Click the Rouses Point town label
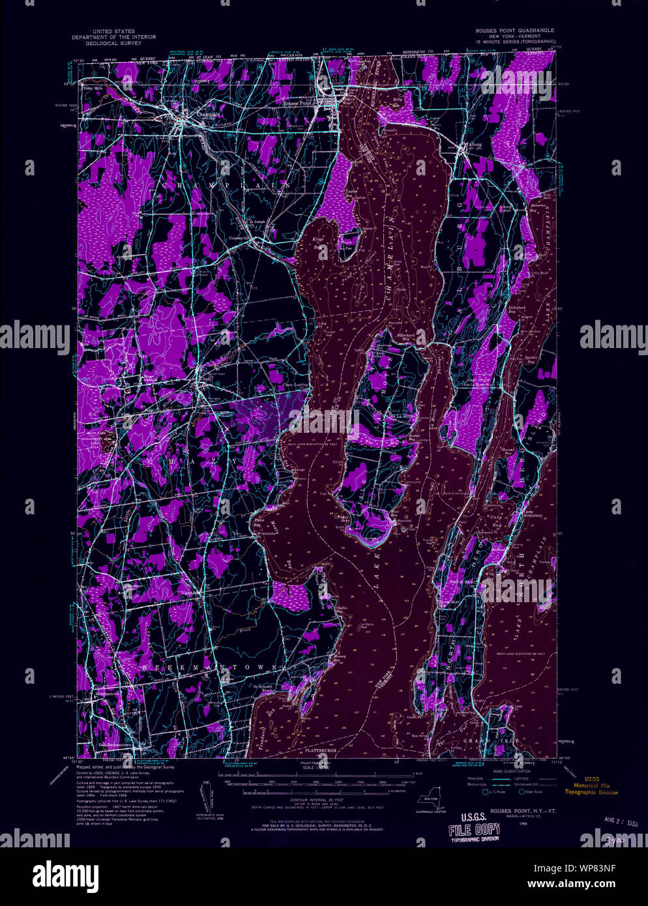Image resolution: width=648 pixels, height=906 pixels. [x=297, y=103]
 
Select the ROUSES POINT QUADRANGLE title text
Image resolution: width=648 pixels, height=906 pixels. [x=516, y=31]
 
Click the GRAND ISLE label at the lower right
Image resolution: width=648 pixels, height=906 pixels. [x=501, y=741]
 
